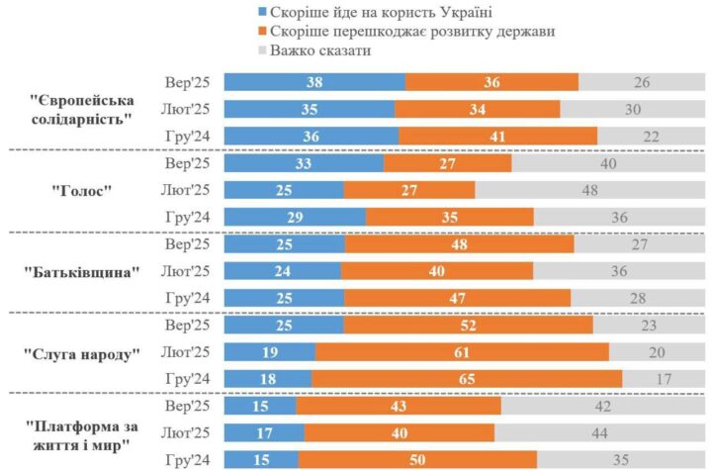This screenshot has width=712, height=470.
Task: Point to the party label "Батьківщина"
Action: [82, 272]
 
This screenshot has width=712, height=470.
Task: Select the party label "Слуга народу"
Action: [81, 353]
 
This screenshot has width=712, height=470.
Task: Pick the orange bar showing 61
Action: [462, 352]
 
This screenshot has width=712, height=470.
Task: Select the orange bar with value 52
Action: [468, 326]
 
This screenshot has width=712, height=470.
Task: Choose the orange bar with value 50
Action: [417, 460]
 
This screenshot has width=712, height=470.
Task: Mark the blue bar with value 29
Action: [295, 218]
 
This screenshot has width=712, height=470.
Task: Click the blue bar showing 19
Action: [270, 352]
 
